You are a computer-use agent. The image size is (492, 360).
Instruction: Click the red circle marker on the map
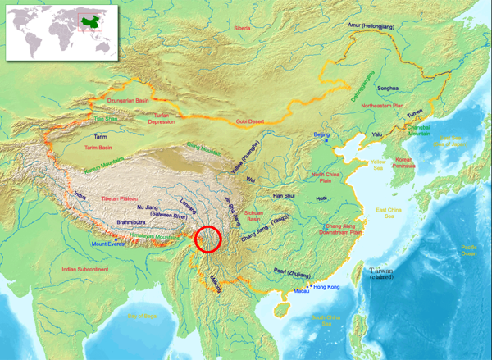[x=209, y=239]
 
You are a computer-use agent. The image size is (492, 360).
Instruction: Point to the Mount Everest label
[x=109, y=244]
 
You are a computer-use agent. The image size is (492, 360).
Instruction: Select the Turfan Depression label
[x=172, y=119]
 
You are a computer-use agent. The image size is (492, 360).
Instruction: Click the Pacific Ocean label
[x=469, y=250]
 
